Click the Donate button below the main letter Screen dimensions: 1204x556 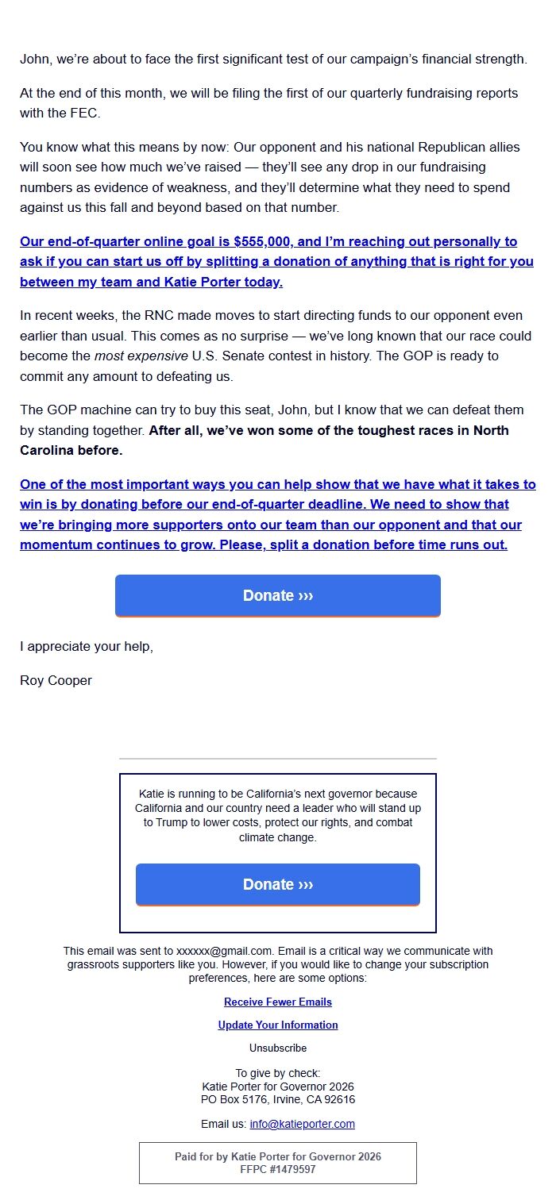[277, 595]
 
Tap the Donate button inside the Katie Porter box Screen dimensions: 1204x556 [277, 884]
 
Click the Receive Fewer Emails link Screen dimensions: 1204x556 [277, 1002]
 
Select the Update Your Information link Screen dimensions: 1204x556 [277, 1025]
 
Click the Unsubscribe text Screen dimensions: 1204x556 [277, 1048]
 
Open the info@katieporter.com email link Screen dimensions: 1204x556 [302, 1125]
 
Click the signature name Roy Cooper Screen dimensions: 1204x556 [56, 681]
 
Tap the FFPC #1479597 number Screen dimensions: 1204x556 [277, 1170]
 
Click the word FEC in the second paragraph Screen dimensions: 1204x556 [87, 113]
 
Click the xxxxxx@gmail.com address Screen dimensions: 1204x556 [225, 951]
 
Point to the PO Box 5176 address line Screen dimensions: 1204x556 [277, 1100]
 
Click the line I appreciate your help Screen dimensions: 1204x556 [86, 647]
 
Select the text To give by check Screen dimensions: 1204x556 [277, 1073]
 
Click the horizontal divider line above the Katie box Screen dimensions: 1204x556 [277, 759]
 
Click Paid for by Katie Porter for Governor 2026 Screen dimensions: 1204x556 [277, 1157]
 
